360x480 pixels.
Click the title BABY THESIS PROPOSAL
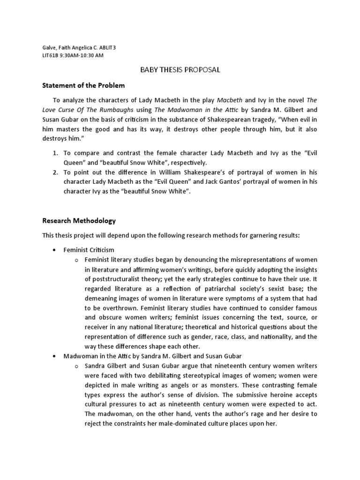[180, 70]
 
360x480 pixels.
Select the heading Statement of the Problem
[83, 86]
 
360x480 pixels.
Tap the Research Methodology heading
[79, 220]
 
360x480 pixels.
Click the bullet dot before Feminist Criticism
[55, 250]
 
